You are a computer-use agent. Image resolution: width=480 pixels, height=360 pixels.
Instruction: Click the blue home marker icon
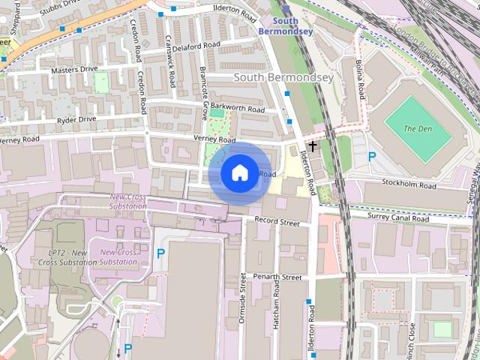pos(239,172)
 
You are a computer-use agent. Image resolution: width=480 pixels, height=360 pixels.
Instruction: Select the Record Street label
pos(277,222)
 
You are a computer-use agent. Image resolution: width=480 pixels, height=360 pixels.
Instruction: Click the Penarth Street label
pos(277,277)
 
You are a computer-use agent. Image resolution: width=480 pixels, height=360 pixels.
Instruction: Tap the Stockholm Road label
pos(408,184)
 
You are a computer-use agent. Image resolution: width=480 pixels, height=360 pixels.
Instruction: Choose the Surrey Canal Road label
pos(397,218)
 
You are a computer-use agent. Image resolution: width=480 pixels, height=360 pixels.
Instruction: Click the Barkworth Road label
pos(238,109)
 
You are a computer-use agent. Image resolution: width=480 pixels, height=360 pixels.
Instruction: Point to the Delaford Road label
pos(196,46)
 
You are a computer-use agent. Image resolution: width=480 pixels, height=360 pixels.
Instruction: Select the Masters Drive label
pos(74,70)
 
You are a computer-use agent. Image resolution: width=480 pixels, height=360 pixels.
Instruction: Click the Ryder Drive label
pos(76,119)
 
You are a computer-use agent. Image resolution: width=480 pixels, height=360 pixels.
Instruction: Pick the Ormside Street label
pos(243,298)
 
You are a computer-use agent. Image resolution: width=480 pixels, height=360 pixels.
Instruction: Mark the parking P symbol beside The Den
pos(371,157)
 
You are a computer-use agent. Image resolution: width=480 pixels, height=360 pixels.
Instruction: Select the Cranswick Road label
pos(169,61)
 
